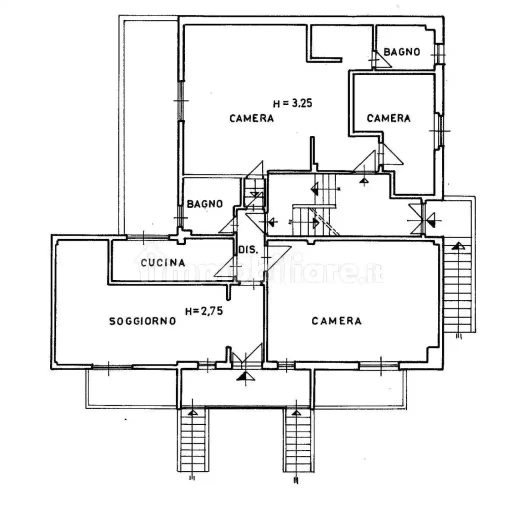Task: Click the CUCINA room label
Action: [x=163, y=262]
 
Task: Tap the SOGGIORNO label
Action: [x=142, y=321]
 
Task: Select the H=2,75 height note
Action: [x=204, y=311]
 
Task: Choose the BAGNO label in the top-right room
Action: [x=402, y=51]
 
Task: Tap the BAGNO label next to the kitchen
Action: [x=204, y=204]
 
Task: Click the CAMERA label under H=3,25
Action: [x=251, y=118]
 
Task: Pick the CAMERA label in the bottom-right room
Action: [x=336, y=321]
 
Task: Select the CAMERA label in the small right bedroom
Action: [x=388, y=118]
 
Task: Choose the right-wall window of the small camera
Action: [x=439, y=131]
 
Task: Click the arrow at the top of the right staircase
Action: [x=457, y=246]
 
